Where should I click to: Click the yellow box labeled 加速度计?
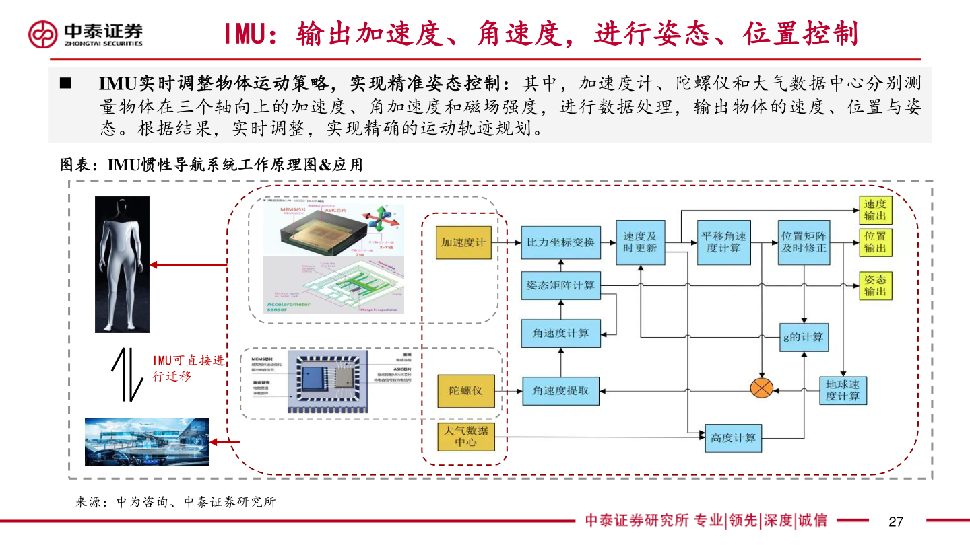[464, 242]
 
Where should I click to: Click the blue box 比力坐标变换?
[560, 242]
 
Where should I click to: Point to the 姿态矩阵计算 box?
[560, 286]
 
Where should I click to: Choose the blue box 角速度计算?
[560, 333]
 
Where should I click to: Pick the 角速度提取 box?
[560, 390]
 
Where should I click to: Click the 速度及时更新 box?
[640, 242]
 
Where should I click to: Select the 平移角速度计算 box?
[724, 242]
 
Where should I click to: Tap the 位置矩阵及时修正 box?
[804, 242]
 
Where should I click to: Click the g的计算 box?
[804, 336]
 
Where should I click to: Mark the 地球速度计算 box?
[843, 390]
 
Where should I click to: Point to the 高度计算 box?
[733, 438]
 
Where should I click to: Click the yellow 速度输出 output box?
[875, 211]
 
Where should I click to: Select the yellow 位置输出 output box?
[875, 242]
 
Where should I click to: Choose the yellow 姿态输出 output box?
[875, 286]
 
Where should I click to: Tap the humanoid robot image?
[122, 264]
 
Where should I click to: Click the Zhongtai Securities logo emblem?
[43, 34]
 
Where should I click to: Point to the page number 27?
[895, 521]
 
